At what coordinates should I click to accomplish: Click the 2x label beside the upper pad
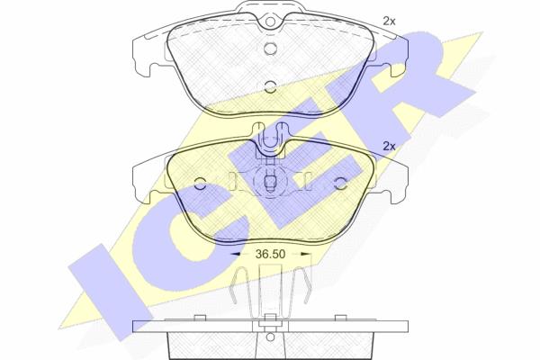389,22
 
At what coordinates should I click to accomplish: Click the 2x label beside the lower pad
389,147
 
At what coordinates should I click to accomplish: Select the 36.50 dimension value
270,254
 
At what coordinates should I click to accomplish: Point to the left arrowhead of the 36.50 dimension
235,254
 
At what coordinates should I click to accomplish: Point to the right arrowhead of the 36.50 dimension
306,254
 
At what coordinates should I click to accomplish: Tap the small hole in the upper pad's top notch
270,22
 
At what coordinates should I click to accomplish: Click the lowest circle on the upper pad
270,86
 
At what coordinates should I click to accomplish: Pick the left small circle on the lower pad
200,184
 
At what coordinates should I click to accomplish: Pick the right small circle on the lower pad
340,184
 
